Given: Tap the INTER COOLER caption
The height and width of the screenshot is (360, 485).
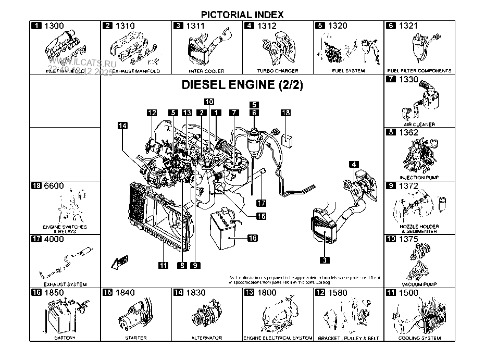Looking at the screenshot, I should (206, 71).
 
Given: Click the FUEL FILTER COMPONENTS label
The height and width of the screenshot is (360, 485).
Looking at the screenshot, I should (419, 71).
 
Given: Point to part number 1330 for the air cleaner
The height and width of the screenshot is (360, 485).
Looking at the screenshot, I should (408, 80).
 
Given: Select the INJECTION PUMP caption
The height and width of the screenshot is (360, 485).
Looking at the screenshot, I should (419, 178).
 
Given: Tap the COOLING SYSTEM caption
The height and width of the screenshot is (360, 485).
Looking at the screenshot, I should (419, 338).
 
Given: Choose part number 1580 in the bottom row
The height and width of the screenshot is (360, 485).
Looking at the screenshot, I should (338, 293).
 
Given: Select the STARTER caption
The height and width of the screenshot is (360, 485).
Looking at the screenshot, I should (135, 338).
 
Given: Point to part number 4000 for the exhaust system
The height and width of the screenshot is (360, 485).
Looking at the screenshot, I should (55, 240).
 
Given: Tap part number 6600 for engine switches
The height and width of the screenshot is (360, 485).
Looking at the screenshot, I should (55, 186).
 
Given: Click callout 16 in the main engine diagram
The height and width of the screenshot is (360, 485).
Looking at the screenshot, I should (252, 238).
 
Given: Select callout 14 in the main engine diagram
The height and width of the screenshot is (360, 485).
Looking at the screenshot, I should (122, 125).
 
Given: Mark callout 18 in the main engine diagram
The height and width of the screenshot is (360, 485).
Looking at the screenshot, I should (285, 113).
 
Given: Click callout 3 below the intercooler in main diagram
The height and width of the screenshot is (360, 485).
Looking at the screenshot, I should (324, 259).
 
